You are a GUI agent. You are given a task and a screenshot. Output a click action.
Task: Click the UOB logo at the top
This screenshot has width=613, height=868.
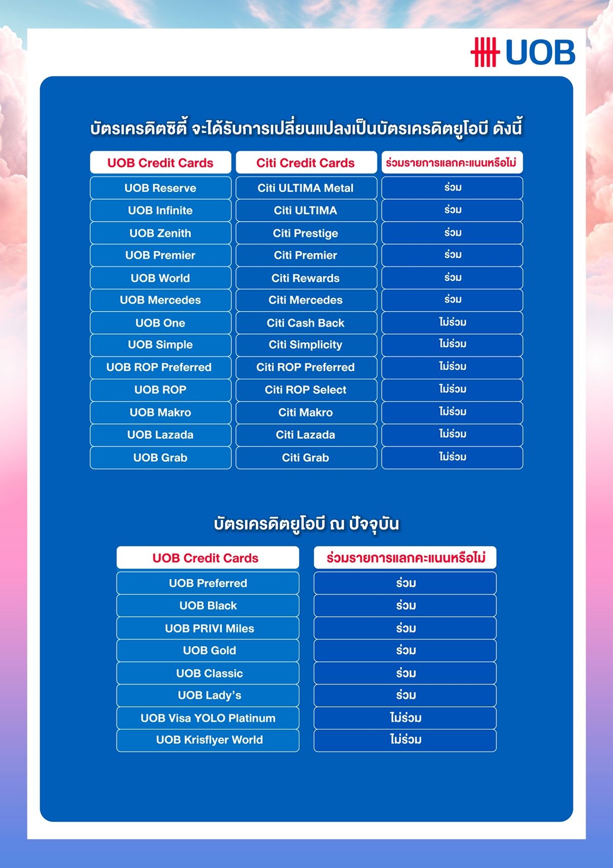523,52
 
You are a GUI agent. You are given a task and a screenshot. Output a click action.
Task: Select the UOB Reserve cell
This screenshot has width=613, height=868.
160,188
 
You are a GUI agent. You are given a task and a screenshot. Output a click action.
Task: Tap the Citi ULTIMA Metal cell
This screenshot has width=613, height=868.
305,188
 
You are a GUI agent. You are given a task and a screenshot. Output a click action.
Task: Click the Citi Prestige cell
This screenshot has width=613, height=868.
305,233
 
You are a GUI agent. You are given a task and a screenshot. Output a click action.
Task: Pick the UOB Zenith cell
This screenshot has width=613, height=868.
160,233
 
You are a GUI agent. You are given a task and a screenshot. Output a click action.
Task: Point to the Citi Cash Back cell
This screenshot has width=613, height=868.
305,323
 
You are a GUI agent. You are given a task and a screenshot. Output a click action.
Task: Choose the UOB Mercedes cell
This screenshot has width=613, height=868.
160,300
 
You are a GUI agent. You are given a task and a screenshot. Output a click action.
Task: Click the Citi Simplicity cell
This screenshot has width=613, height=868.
305,345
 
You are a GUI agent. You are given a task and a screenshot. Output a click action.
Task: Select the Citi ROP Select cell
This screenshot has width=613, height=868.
305,390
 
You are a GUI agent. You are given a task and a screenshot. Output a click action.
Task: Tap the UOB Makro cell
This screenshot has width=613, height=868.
160,412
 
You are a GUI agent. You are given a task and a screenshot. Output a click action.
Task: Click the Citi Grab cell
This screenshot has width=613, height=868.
305,458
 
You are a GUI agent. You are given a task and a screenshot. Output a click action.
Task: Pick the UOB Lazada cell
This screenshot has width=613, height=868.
160,435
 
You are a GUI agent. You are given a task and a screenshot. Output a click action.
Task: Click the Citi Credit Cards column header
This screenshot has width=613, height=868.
305,163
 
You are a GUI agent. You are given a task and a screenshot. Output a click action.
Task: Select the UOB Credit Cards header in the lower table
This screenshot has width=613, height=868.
207,558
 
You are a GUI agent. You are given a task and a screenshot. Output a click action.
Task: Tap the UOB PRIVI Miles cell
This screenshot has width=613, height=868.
207,628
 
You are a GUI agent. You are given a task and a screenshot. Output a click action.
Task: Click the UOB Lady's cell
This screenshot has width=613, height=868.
207,695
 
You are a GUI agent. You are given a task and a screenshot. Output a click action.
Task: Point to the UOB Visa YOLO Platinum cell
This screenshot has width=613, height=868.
207,718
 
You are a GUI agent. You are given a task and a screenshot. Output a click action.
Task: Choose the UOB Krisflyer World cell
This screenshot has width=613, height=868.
207,740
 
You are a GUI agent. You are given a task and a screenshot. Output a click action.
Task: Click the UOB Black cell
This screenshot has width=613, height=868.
207,605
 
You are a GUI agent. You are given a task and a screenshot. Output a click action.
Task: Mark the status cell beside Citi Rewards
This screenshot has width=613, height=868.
452,278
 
